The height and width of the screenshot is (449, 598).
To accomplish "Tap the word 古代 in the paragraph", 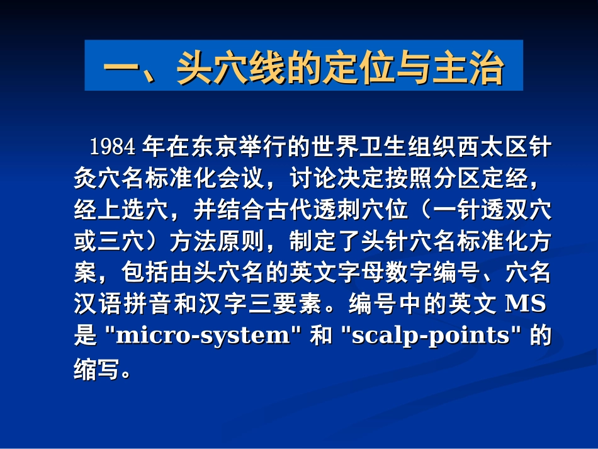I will [x=289, y=210].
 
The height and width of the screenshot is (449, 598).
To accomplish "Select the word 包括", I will [x=145, y=272].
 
